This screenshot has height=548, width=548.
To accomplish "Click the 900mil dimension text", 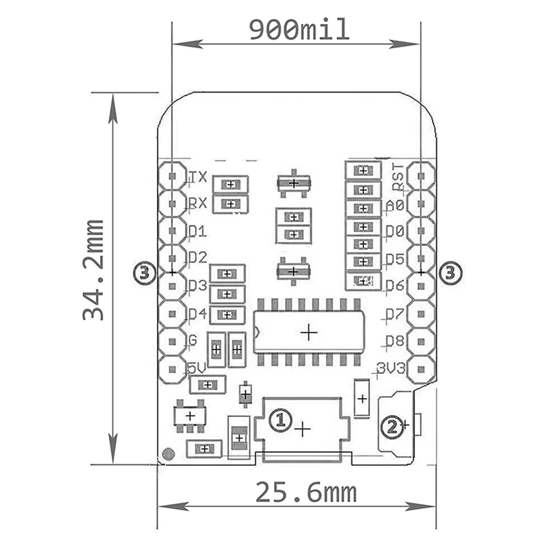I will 299,30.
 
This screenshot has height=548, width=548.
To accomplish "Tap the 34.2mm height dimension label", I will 93,270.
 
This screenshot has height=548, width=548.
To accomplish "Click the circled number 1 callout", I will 279,419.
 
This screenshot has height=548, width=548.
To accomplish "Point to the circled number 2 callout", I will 391,427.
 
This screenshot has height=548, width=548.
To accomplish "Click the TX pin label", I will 198,177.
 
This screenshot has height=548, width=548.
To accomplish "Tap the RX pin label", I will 198,203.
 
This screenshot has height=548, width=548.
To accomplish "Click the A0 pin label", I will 395,205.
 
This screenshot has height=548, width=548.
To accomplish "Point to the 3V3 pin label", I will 391,369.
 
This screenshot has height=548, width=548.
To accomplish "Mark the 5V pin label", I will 197,368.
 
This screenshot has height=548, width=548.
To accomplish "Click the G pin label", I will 192,340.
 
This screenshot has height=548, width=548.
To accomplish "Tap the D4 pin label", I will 197,314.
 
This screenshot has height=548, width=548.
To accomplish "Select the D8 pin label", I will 395,340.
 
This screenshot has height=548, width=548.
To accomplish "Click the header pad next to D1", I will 171,231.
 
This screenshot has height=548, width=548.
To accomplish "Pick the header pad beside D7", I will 421,314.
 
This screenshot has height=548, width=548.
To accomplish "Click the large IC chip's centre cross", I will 310,332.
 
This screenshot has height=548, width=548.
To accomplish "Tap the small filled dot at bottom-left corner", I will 168,453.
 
